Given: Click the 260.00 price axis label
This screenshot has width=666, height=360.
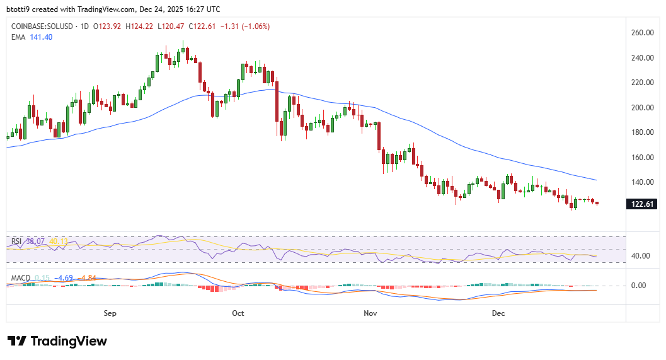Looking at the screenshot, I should pyautogui.click(x=643, y=33).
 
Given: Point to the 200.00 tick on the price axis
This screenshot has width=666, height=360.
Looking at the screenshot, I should pyautogui.click(x=643, y=108).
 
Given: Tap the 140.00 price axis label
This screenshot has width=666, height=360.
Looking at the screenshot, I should pyautogui.click(x=643, y=182).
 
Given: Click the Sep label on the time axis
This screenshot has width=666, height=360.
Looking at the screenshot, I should pyautogui.click(x=110, y=313).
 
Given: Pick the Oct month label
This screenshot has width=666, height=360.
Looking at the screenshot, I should pyautogui.click(x=238, y=313).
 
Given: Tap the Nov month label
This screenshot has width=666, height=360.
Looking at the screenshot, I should pyautogui.click(x=370, y=313).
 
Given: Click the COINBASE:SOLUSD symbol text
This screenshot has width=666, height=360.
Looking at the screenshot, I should pyautogui.click(x=39, y=26).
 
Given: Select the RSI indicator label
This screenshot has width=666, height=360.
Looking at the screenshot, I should pyautogui.click(x=16, y=241).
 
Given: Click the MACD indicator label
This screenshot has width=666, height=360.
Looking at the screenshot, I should pyautogui.click(x=20, y=277).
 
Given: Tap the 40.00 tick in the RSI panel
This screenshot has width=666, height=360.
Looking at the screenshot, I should pyautogui.click(x=640, y=256).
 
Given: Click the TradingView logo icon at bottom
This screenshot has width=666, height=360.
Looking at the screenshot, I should pyautogui.click(x=17, y=341).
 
